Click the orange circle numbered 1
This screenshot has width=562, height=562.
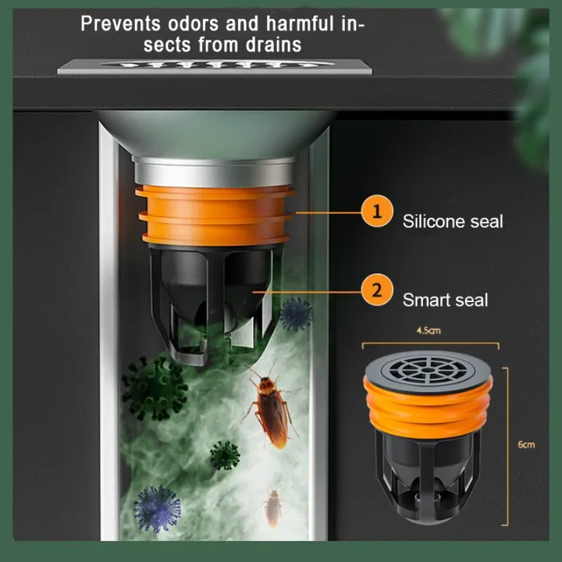[378, 212]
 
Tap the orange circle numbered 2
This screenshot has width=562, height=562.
[378, 290]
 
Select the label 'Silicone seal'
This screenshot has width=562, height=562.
[453, 221]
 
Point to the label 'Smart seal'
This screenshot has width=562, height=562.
[445, 299]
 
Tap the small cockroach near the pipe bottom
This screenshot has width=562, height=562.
[272, 508]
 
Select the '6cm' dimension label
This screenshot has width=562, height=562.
[527, 445]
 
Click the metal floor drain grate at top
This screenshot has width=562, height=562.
[213, 66]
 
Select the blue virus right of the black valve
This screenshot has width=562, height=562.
[296, 313]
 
